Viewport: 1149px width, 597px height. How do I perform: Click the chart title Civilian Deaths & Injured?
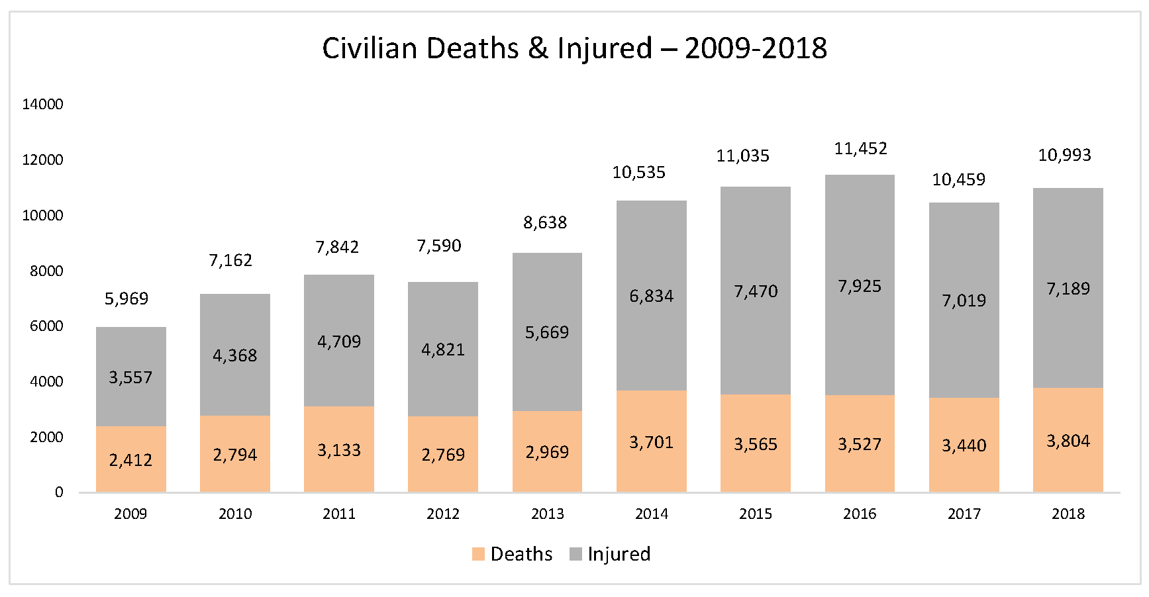[x=574, y=48]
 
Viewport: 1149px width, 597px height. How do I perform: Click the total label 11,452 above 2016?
[x=860, y=149]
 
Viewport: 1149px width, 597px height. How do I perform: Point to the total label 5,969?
[x=126, y=298]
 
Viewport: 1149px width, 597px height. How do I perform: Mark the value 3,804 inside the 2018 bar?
[x=1068, y=441]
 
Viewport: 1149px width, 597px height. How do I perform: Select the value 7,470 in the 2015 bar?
[x=756, y=291]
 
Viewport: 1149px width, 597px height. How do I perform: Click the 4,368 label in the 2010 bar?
[x=234, y=356]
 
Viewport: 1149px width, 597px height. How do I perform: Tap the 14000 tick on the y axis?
[x=42, y=104]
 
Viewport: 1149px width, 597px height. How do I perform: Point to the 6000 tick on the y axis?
[x=46, y=326]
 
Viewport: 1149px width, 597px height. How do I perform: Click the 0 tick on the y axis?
[x=59, y=492]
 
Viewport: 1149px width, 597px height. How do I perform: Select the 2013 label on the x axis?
[x=547, y=514]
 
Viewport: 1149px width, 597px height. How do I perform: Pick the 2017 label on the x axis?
[x=964, y=514]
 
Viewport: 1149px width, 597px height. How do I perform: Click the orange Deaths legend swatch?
[x=478, y=554]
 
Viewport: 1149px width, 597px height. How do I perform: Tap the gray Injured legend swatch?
[x=575, y=554]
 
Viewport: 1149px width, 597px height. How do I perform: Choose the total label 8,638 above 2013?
[x=545, y=223]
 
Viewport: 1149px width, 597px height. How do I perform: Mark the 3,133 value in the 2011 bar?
[x=339, y=451]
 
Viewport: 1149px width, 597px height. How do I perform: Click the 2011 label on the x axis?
[x=339, y=514]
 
